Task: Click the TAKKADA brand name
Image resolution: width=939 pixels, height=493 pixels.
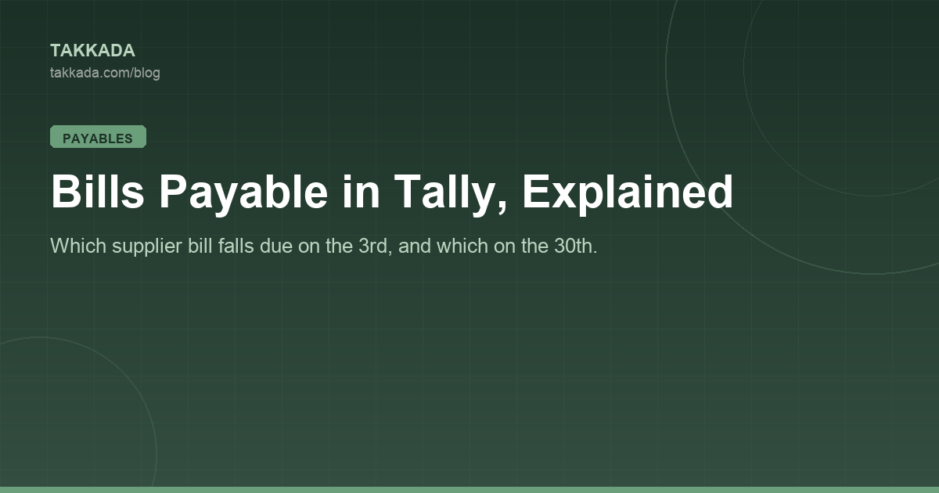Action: tap(92, 51)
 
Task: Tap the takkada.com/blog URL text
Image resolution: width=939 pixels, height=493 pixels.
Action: tap(105, 73)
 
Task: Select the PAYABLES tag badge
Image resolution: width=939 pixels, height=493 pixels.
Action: tap(98, 137)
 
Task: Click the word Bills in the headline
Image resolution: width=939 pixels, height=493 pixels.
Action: tap(98, 191)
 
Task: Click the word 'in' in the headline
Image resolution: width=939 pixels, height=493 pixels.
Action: tap(361, 191)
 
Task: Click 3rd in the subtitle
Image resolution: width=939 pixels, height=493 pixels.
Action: tap(372, 246)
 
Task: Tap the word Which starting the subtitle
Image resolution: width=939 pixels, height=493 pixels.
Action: tap(78, 246)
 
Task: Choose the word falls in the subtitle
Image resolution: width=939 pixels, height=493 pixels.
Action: tap(236, 246)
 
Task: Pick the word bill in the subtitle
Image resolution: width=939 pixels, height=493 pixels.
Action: tap(200, 246)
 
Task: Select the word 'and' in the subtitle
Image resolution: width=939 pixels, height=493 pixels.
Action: tap(414, 246)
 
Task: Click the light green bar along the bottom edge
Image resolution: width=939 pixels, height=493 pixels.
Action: tap(469, 490)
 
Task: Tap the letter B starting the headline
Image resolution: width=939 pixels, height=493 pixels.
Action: tap(66, 191)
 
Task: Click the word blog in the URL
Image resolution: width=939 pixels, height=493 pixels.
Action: tap(147, 74)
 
